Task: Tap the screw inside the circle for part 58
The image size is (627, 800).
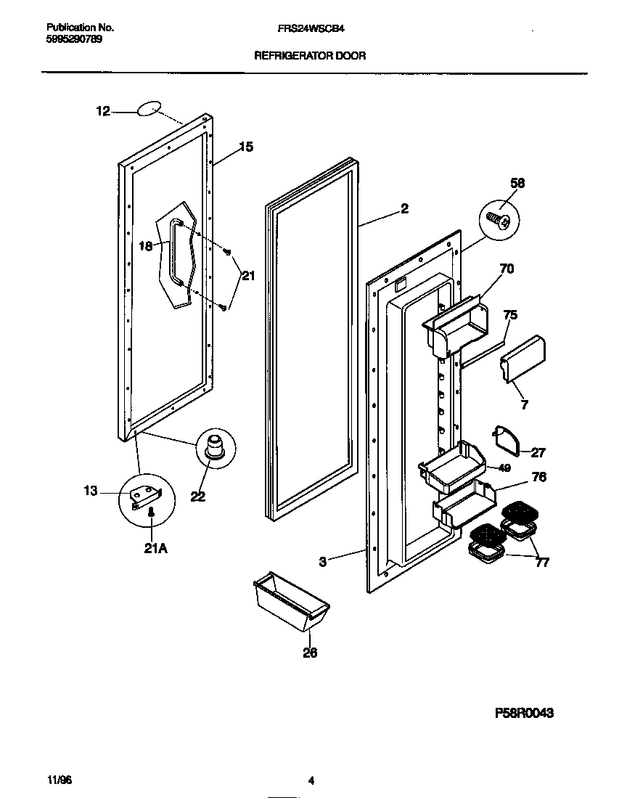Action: point(498,217)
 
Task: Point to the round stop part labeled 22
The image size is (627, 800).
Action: point(215,445)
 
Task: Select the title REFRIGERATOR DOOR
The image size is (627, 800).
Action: point(310,55)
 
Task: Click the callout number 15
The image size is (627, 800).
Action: point(246,147)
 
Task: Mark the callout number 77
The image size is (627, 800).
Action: point(542,562)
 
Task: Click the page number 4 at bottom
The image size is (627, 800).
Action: point(311,781)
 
